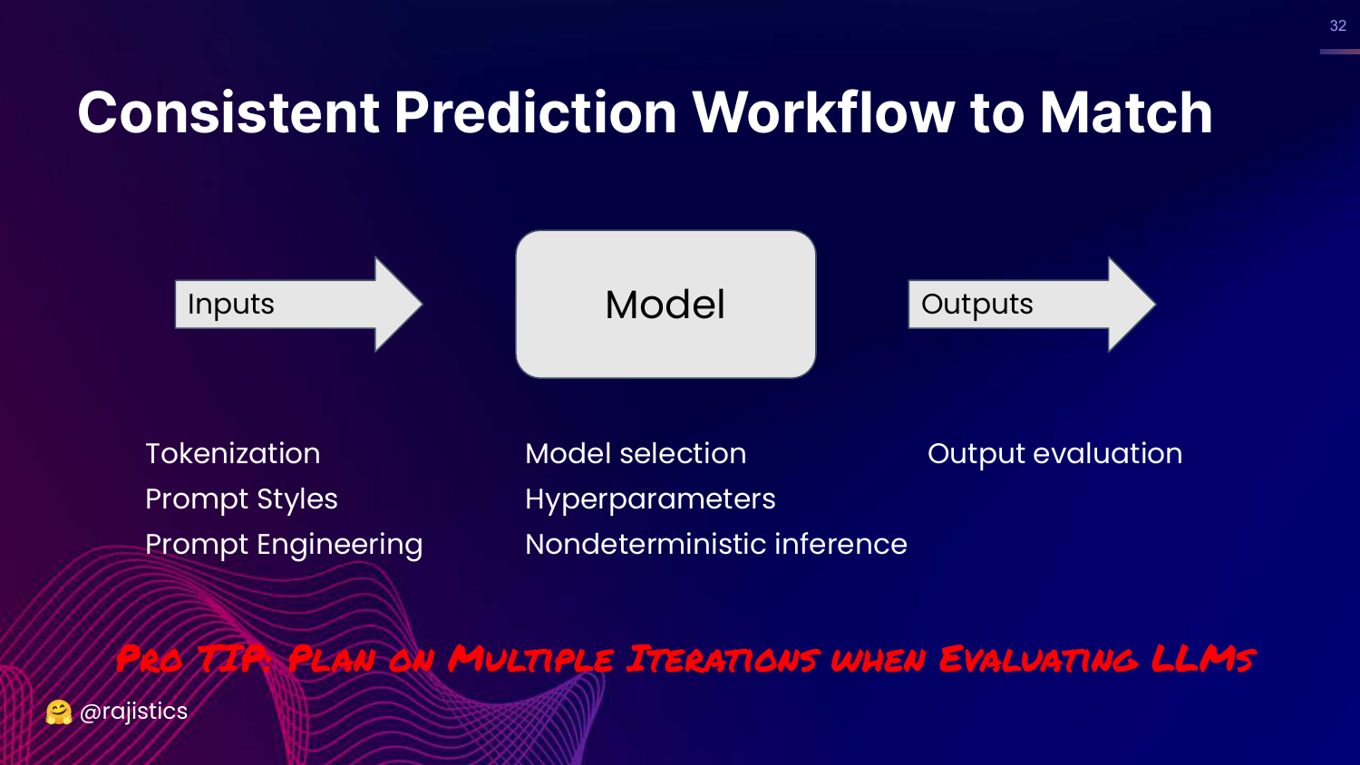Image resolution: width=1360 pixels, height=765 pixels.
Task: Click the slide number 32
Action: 1338,25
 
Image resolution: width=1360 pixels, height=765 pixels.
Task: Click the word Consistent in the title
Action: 228,112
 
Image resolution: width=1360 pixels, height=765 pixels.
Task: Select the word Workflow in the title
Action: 824,112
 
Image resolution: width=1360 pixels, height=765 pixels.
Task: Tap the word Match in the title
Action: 1126,112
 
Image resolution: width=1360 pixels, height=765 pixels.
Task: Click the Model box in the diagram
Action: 665,305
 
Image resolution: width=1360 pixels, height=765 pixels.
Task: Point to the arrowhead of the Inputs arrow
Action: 422,305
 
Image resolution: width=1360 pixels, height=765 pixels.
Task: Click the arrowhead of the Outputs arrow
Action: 1155,305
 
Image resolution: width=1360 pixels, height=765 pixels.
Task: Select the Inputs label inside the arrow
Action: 230,305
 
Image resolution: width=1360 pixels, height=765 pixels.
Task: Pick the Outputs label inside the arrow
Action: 976,305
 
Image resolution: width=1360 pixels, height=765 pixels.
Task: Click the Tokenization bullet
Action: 232,453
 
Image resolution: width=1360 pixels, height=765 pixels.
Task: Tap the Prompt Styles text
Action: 241,499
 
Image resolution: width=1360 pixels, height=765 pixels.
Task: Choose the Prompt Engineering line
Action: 284,545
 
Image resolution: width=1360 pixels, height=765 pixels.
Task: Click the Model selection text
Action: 636,453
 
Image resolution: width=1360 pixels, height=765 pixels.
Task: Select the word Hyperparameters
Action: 650,499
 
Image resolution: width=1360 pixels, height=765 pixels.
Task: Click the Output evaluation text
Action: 1054,454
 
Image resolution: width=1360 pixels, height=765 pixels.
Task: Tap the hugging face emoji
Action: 59,712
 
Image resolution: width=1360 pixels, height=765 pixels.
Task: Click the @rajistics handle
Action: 133,712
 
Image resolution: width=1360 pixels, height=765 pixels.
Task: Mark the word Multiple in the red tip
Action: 531,659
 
